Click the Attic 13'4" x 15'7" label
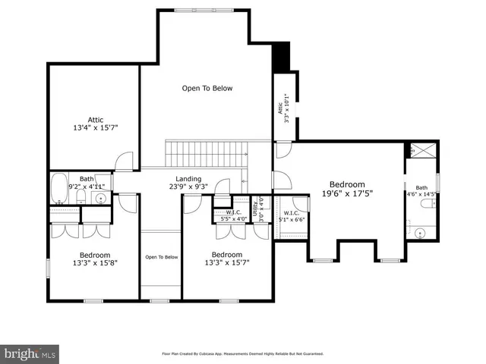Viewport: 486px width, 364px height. point(95,124)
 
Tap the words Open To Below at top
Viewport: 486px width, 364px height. point(207,89)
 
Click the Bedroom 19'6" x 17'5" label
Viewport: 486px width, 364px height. point(347,189)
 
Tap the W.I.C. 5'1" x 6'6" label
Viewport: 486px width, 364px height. point(292,216)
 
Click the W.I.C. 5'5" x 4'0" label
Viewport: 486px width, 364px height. point(229,215)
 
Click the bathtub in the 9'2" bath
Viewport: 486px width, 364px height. point(58,189)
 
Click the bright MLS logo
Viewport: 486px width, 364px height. point(30,354)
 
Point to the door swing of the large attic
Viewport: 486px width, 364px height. point(125,162)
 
